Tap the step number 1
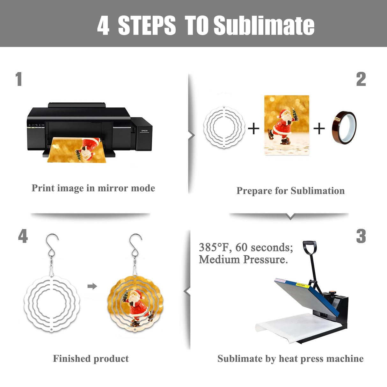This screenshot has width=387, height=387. tap(19, 79)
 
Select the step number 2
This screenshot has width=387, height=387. tap(361, 79)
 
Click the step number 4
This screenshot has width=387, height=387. tap(23, 236)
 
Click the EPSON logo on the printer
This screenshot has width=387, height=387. tap(144, 131)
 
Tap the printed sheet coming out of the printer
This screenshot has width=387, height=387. tap(77, 150)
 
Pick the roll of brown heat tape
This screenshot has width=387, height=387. tap(344, 128)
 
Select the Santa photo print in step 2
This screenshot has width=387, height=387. tap(287, 125)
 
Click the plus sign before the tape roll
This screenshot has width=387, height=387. tap(319, 128)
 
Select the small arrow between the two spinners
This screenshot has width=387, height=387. tap(92, 286)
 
